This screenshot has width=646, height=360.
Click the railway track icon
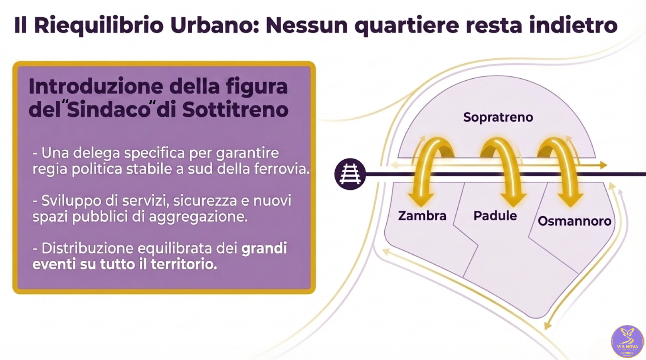click(350, 174)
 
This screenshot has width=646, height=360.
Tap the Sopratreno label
click(498, 117)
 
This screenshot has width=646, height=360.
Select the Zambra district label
click(422, 216)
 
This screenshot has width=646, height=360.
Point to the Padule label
click(495, 216)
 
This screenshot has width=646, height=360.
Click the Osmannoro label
click(574, 221)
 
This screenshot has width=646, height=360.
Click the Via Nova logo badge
click(627, 341)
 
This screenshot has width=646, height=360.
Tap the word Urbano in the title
click(215, 25)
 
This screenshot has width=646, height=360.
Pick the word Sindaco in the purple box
click(108, 110)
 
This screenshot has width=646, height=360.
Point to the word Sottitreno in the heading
click(235, 110)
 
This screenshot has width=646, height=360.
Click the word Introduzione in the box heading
click(96, 86)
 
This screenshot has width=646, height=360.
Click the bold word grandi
click(264, 248)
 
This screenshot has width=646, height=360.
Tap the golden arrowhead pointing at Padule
click(513, 200)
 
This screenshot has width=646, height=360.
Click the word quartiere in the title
click(406, 25)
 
